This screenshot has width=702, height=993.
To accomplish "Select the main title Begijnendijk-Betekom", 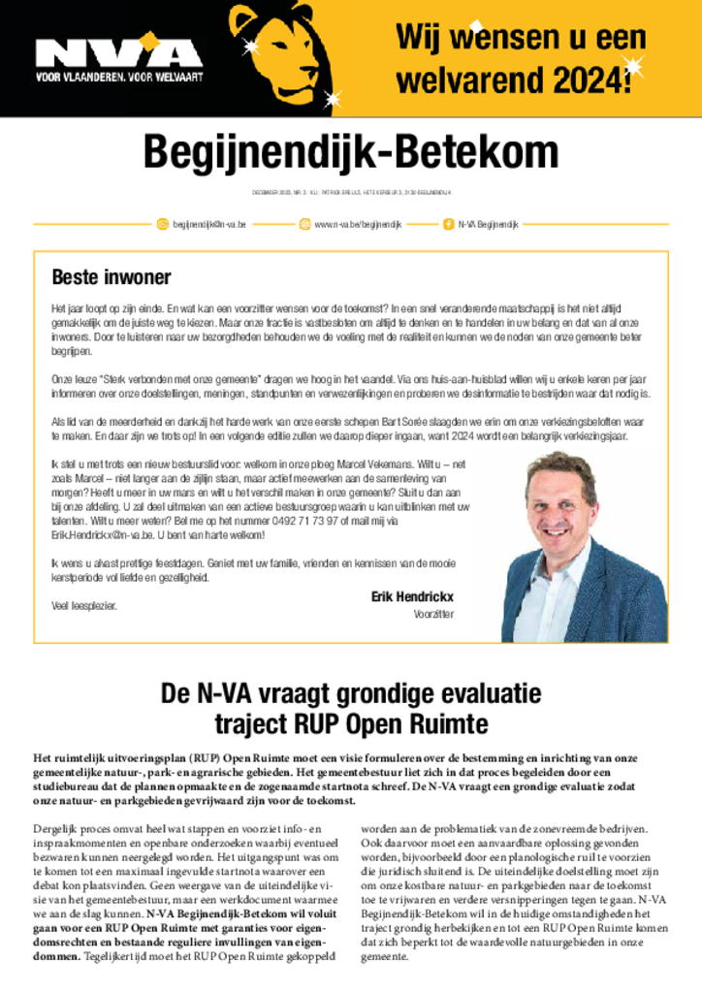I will click(351, 152).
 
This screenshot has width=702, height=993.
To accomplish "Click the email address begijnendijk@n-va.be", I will click(209, 224).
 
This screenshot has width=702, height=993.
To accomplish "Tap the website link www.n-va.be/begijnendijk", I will click(358, 224).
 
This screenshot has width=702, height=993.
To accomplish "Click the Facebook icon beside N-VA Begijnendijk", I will click(449, 224).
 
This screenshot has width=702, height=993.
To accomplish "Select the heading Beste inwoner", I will click(112, 277).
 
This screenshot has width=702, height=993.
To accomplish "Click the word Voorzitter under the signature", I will click(433, 614).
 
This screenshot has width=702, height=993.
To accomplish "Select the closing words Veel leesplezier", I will click(83, 605).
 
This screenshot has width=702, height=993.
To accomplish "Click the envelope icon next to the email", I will click(163, 224).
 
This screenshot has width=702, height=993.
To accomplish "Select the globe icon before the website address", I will click(304, 224).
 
